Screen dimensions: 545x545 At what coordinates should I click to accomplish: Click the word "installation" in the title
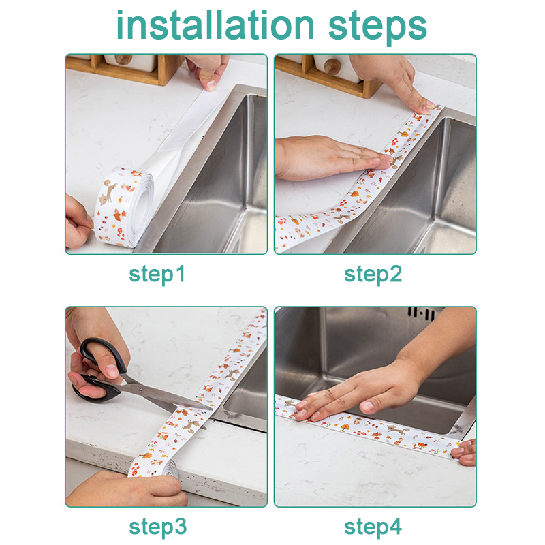215,25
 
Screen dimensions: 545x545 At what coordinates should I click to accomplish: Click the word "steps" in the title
377,27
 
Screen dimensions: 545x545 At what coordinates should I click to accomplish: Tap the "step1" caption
157,275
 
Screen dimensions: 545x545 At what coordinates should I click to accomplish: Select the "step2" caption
373,275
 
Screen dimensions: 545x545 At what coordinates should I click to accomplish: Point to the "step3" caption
158,527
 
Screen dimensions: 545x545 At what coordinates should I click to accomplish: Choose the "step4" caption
373,527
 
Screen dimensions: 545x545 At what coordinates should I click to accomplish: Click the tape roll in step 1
123,207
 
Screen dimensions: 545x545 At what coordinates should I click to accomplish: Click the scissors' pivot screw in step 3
141,390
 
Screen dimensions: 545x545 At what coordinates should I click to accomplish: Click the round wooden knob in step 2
332,67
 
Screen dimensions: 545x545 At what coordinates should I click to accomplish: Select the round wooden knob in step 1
123,59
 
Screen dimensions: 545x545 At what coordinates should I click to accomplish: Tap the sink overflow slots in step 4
421,313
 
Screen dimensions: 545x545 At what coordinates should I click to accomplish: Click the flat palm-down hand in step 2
330,158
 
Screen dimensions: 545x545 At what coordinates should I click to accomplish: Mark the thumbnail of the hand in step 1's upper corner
211,85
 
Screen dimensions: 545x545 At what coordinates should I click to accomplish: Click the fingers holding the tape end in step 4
464,452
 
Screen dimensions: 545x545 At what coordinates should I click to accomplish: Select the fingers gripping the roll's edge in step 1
78,223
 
